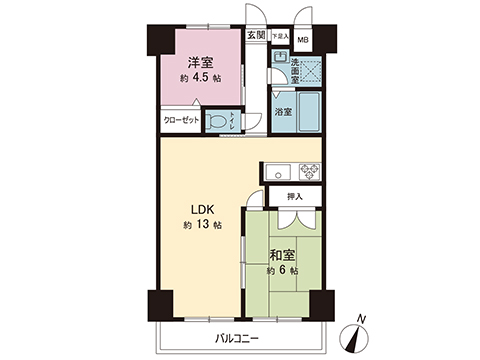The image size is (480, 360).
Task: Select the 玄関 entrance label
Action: [x=257, y=36]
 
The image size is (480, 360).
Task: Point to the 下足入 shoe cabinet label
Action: [x=280, y=36]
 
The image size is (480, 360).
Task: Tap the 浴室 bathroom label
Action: [x=283, y=113]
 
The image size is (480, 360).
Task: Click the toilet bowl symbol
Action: [x=219, y=120]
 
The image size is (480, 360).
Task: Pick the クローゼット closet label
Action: [x=180, y=121]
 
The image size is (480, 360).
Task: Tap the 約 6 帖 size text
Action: [x=283, y=271]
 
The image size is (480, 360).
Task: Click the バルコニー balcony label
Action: [x=236, y=339]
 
